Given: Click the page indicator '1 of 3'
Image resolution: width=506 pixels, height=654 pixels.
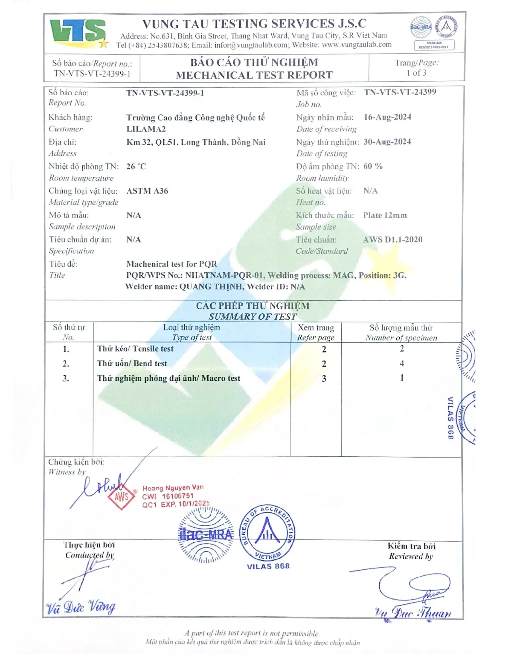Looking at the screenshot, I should [x=416, y=73].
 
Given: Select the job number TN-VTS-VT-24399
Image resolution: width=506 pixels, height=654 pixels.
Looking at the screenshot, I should [x=400, y=92].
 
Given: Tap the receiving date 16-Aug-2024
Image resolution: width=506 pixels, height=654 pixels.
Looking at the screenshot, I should [x=387, y=117].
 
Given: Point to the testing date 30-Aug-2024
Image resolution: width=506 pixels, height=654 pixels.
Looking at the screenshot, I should [x=387, y=142].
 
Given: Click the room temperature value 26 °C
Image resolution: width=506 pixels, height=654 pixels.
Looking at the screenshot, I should [x=136, y=166].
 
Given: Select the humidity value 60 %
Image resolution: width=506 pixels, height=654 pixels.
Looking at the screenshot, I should [x=373, y=166].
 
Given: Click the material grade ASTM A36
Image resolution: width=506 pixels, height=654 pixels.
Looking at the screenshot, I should [x=147, y=191].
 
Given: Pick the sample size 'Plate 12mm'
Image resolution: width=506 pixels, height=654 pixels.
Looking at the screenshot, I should [x=385, y=215].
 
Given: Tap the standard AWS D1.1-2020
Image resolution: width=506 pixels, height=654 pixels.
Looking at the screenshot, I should [x=392, y=239].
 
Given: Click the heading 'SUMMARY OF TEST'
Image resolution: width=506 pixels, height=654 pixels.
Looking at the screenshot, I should [x=253, y=317].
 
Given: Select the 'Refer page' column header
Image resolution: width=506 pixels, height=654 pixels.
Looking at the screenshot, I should [x=316, y=337].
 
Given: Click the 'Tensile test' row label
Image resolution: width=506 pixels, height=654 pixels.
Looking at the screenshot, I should [x=135, y=349].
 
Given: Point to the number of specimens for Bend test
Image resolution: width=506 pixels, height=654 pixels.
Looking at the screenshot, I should [x=402, y=363].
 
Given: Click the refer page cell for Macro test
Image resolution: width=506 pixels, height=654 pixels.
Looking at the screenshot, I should [x=324, y=378].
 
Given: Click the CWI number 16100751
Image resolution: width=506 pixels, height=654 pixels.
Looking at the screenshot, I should [x=178, y=496].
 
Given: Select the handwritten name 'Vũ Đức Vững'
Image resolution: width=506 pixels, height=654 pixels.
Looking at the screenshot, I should [x=81, y=607].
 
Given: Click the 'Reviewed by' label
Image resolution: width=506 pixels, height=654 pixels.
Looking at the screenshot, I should [x=411, y=556].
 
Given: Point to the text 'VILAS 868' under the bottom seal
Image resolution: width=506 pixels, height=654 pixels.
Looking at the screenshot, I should [x=268, y=566].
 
